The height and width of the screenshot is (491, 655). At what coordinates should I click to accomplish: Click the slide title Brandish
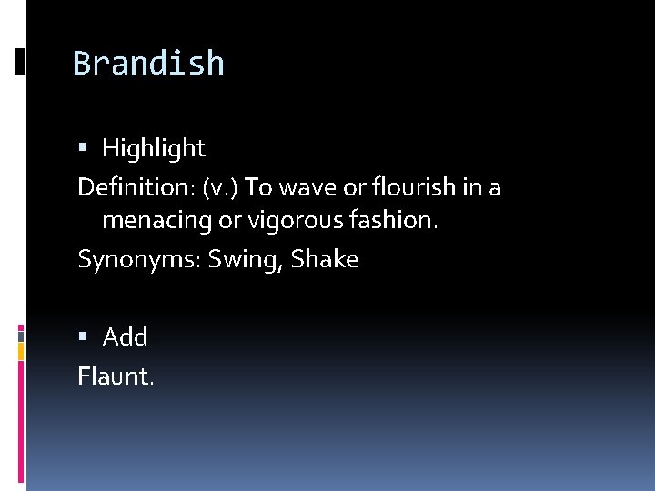pos(148,64)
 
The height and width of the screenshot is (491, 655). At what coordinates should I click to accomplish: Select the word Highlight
pos(154,148)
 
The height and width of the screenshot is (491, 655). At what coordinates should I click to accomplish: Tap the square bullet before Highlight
pos(84,148)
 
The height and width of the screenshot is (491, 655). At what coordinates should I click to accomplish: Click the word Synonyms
pos(136,260)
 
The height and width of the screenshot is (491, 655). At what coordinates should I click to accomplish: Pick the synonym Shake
pos(326,259)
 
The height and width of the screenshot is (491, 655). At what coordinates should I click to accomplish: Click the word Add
pos(126,337)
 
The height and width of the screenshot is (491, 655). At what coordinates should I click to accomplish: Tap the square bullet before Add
pos(84,337)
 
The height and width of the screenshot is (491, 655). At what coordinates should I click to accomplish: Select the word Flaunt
pos(116,376)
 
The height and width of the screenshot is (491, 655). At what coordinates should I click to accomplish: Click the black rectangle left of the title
pos(20,63)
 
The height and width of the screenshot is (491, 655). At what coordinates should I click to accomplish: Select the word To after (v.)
pos(259,188)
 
